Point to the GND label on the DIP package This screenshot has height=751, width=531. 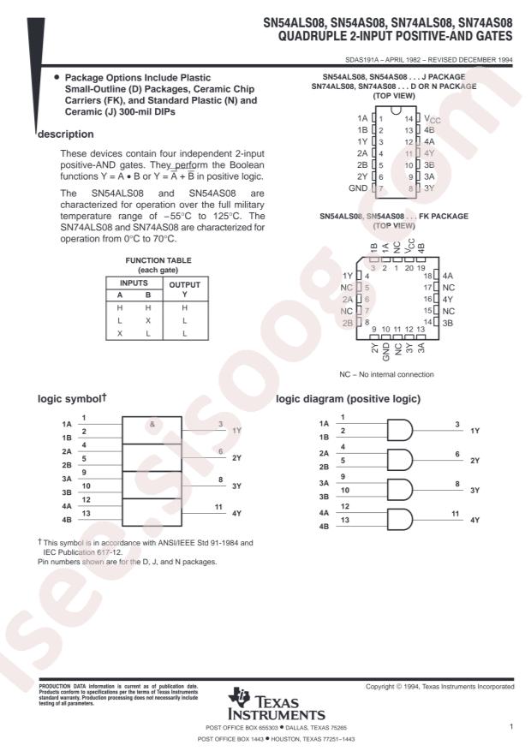[358, 187]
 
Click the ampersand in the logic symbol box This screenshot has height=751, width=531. [151, 423]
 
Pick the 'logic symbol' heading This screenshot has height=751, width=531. [74, 399]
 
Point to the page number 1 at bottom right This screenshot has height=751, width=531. [510, 727]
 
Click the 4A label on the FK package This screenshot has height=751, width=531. [450, 276]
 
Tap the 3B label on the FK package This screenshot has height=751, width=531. [450, 323]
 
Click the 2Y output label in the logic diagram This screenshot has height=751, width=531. [475, 461]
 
